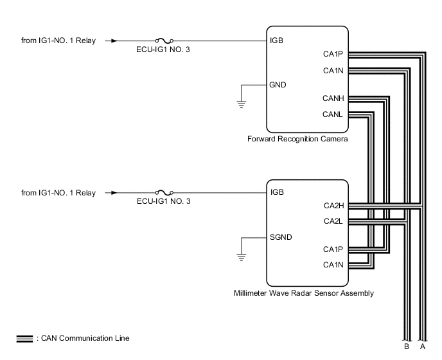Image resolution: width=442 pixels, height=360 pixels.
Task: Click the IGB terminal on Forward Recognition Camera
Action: pyautogui.click(x=278, y=40)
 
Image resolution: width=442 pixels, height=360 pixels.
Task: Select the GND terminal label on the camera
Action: pyautogui.click(x=279, y=84)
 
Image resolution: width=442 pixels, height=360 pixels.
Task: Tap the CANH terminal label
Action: pyautogui.click(x=333, y=98)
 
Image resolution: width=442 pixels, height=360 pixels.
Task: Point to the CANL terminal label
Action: pyautogui.click(x=333, y=114)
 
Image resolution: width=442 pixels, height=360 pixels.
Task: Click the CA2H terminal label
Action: pyautogui.click(x=333, y=206)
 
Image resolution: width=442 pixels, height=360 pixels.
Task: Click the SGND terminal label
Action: pyautogui.click(x=281, y=237)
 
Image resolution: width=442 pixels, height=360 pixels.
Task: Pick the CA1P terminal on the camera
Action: pyautogui.click(x=333, y=55)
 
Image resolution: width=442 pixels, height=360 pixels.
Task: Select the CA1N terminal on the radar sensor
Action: pyautogui.click(x=333, y=264)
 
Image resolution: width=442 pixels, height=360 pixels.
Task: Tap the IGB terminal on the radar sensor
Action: pyautogui.click(x=278, y=192)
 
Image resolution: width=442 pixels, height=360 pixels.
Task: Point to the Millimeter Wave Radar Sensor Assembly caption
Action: pyautogui.click(x=304, y=293)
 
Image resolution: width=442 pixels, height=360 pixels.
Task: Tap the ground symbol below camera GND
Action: pyautogui.click(x=242, y=104)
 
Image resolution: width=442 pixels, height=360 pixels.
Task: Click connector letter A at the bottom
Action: pyautogui.click(x=421, y=346)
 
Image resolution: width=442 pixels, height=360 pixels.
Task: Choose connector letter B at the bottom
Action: pyautogui.click(x=406, y=346)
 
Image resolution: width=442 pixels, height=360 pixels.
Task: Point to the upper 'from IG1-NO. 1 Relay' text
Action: pyautogui.click(x=58, y=41)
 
